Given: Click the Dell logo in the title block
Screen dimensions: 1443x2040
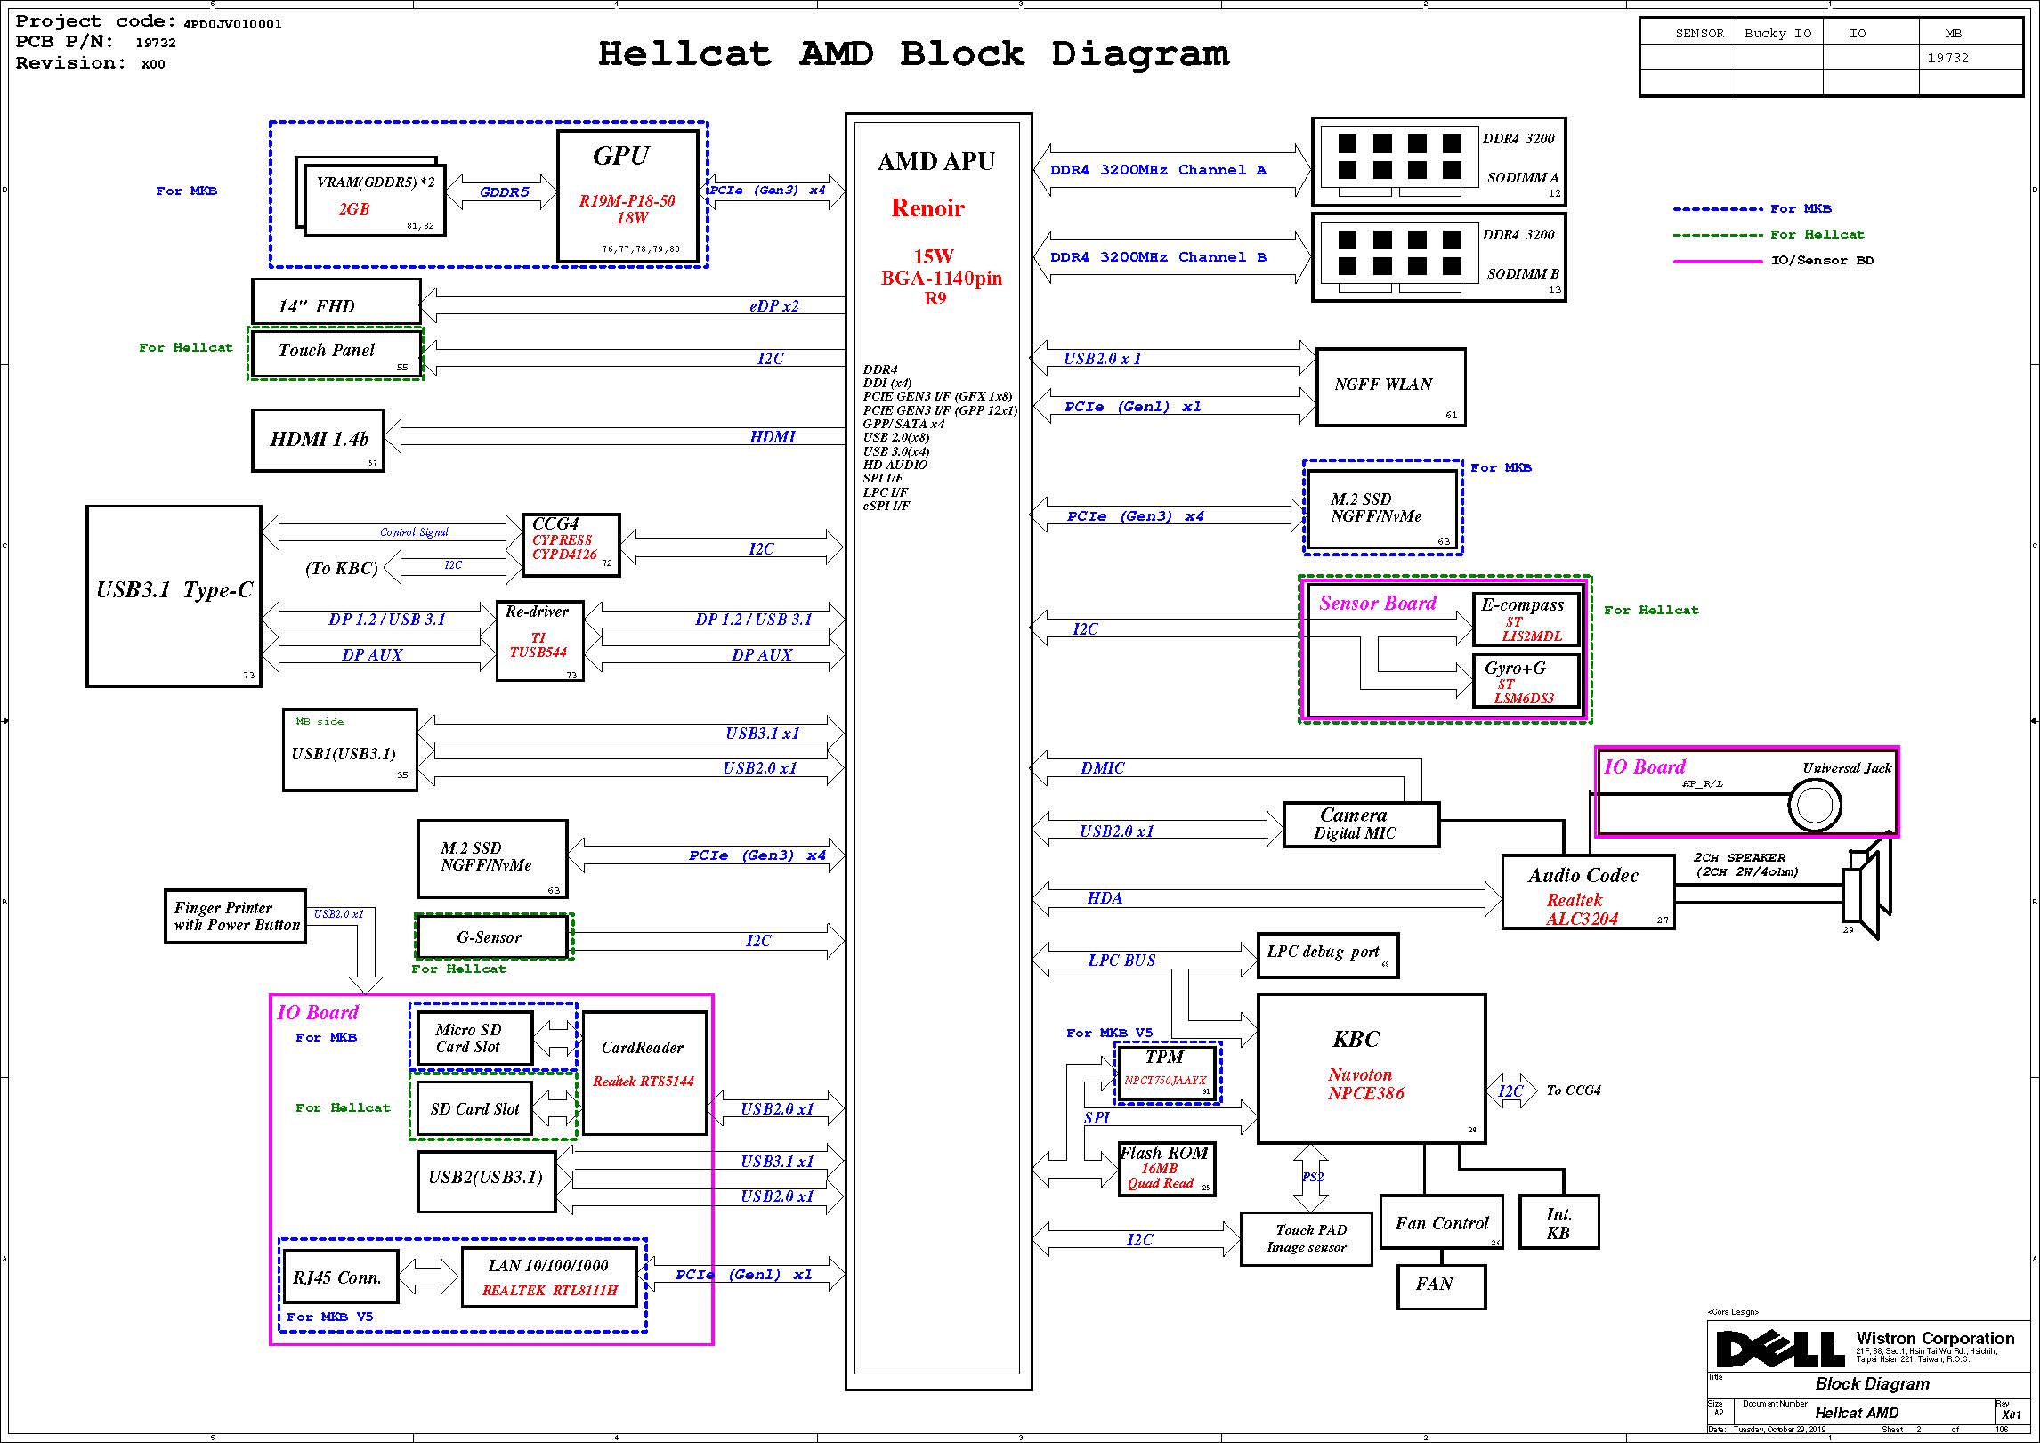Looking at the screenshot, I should click(1779, 1350).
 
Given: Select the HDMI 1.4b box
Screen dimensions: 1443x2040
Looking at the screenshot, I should click(318, 440).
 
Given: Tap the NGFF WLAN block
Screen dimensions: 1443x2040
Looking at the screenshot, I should click(1389, 386).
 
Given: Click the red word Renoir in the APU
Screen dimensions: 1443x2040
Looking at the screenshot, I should click(927, 208).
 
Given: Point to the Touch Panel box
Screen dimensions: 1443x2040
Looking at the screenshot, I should click(336, 353).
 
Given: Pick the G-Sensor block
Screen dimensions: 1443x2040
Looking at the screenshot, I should click(492, 936).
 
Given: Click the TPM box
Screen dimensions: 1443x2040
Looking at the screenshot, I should click(1167, 1073).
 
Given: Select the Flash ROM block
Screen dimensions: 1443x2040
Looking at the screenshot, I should click(1166, 1168).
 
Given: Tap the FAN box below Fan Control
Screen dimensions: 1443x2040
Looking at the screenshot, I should click(1440, 1285).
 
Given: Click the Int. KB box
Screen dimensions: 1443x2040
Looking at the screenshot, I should click(1558, 1222).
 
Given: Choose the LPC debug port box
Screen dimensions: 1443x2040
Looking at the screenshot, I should click(1326, 954).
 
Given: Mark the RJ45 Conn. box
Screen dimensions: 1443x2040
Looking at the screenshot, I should click(339, 1277).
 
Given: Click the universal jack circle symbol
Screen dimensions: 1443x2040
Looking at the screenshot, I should click(1814, 805).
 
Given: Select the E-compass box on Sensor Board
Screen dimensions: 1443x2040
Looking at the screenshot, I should click(1526, 619).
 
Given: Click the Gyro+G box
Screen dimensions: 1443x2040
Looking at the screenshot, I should click(1526, 681).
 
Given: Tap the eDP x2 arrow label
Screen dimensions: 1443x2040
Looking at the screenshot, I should click(773, 306).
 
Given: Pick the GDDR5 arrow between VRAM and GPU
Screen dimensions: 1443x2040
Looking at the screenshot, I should click(503, 192).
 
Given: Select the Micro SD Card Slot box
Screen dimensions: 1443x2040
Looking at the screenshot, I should click(474, 1038).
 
